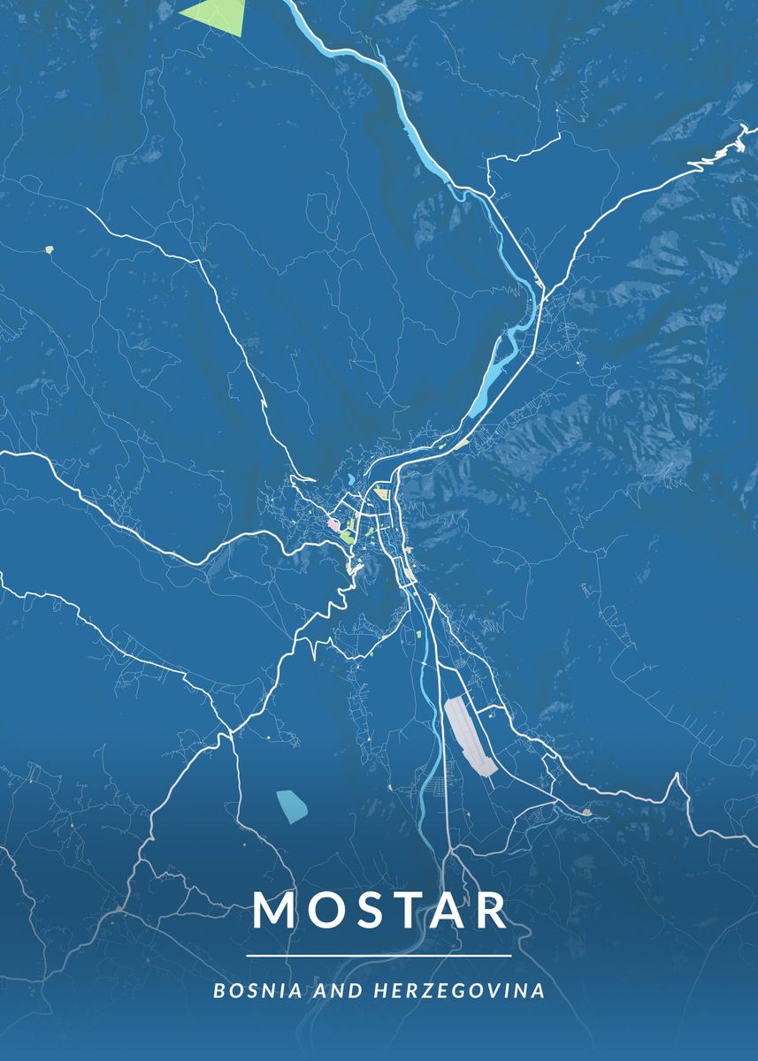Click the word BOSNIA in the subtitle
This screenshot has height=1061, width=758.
(249, 991)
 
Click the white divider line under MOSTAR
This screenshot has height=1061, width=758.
(379, 956)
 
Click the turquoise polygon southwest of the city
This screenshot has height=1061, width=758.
(293, 804)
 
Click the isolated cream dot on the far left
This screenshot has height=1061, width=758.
(50, 249)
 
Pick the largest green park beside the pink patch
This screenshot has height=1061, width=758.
(346, 536)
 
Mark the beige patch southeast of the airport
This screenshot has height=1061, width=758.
(586, 810)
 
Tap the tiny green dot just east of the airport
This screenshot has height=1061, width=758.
(480, 708)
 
